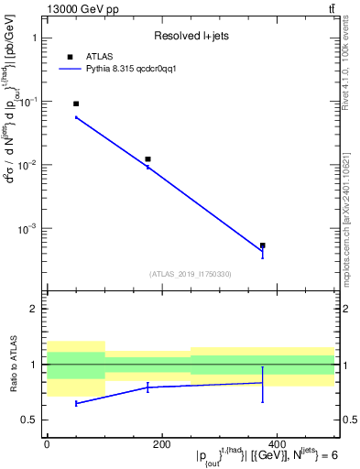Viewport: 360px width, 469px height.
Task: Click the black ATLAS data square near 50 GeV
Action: pyautogui.click(x=76, y=104)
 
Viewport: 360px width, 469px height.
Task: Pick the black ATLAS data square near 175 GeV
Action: pyautogui.click(x=147, y=159)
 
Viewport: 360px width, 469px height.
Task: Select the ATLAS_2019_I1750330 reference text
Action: pyautogui.click(x=191, y=274)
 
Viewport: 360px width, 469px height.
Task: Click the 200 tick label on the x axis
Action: pyautogui.click(x=162, y=443)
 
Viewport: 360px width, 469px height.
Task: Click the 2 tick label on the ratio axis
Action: pyautogui.click(x=34, y=309)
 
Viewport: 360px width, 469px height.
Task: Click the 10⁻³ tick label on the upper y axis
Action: pyautogui.click(x=27, y=229)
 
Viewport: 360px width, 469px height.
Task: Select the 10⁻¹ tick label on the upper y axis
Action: pyautogui.click(x=27, y=102)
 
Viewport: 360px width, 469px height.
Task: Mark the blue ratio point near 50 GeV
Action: pyautogui.click(x=76, y=403)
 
